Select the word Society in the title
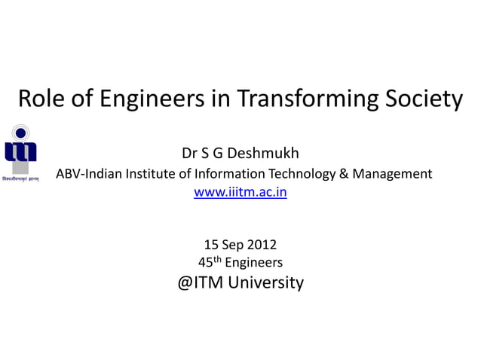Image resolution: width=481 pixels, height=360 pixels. point(422,99)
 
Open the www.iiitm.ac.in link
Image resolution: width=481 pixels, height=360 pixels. point(240,192)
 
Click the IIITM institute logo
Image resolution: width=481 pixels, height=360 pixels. point(20,151)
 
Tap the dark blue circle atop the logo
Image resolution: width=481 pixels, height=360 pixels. point(21,133)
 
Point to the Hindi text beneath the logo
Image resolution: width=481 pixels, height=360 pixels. point(20,179)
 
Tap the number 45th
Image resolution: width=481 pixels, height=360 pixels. point(210,262)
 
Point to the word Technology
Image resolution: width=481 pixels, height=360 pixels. point(302,174)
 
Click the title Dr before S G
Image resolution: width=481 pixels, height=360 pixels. point(190,154)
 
